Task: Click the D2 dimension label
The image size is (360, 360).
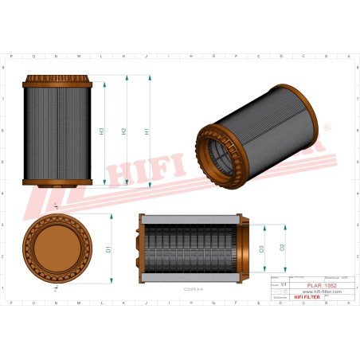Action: tap(283, 248)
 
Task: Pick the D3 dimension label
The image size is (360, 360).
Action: tap(261, 248)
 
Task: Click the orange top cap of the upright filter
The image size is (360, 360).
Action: tap(59, 81)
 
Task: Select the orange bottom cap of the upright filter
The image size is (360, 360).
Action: tap(59, 185)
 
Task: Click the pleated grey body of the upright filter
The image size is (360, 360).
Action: tap(59, 133)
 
